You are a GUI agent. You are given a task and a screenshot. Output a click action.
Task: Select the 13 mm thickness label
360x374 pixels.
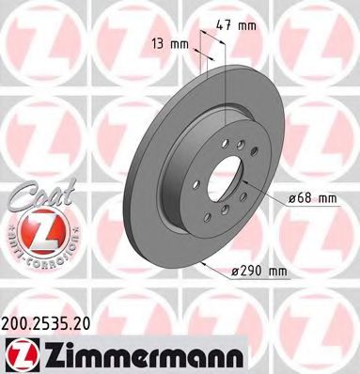[168, 42]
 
